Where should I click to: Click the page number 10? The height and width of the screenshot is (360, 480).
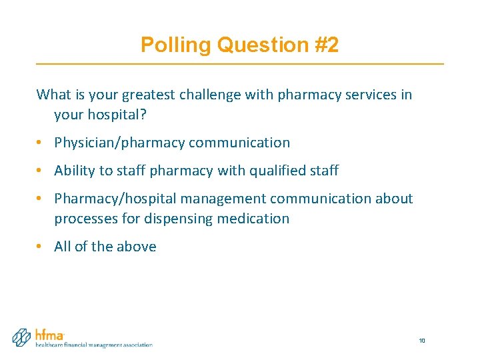[422, 341]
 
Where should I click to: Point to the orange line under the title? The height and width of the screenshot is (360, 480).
[240, 63]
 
